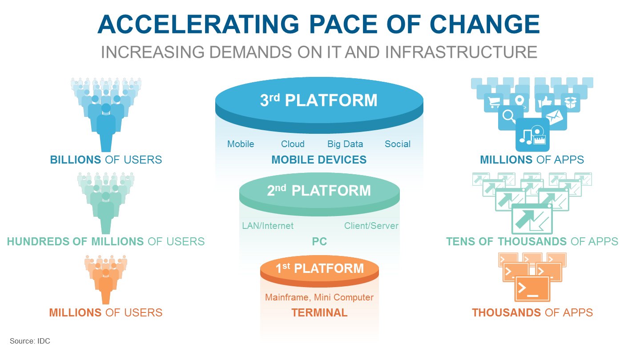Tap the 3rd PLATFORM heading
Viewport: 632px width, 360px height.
point(318,100)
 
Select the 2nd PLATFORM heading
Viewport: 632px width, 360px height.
point(318,191)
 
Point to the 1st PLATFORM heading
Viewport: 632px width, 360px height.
point(319,268)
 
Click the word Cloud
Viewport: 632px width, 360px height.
point(293,144)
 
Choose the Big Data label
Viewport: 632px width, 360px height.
point(345,144)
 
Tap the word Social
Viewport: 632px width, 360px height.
point(398,144)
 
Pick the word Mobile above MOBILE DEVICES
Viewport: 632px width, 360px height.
point(241,144)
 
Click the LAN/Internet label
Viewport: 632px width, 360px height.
point(268,226)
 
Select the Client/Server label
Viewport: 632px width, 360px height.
point(371,226)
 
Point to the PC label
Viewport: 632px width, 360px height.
point(319,242)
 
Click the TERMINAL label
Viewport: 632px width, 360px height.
point(319,313)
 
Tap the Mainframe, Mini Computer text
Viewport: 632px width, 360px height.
point(319,297)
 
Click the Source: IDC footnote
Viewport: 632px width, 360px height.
point(30,341)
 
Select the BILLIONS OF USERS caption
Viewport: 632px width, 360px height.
point(106,160)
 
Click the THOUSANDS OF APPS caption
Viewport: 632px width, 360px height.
point(532,312)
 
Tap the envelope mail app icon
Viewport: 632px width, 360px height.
point(554,117)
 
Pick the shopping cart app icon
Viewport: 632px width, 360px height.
point(494,102)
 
